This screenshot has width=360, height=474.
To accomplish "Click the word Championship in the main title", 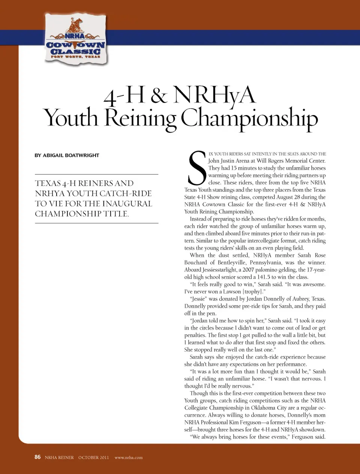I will pos(249,119).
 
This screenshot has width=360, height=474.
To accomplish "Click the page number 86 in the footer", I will pos(37,457).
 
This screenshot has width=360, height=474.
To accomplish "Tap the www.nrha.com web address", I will pos(129,458).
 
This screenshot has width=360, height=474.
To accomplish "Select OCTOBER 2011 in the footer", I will pos(93,458).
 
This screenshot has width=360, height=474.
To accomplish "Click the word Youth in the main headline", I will pos(71,118).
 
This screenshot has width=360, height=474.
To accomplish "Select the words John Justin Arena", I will pos(231,161).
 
